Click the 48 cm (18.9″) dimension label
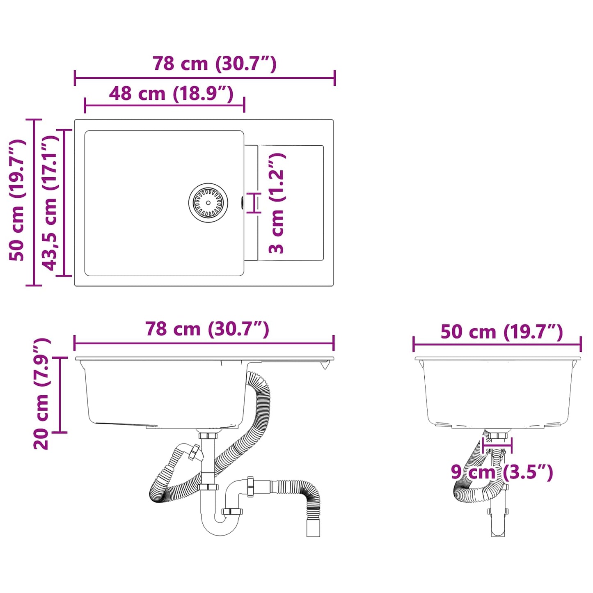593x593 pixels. pos(171,94)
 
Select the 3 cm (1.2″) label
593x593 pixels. pos(277,203)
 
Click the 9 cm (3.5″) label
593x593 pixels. pos(501,472)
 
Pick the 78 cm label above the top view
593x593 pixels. pos(214,64)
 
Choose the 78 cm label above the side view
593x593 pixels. pos(207,329)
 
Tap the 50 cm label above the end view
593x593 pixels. pos(501,332)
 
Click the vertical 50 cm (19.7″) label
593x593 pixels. pos(18,200)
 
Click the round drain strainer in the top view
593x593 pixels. pos(208,203)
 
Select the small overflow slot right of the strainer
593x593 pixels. pos(242,203)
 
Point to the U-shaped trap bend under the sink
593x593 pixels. pos(220,525)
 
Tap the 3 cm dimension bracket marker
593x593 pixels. pos(254,203)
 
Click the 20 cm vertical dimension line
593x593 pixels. pos(60,395)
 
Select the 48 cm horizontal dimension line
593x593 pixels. pos(164,105)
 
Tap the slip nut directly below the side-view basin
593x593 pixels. pos(208,435)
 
